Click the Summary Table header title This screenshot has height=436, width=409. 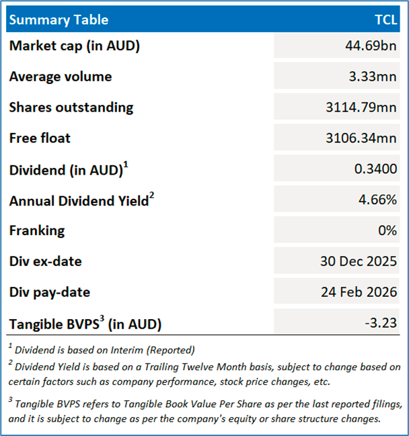(x=59, y=19)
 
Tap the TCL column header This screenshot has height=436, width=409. (x=385, y=19)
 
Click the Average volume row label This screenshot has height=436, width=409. (x=61, y=77)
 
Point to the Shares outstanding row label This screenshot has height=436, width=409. (x=71, y=107)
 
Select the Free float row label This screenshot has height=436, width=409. (x=40, y=138)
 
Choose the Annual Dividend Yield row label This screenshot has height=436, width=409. (x=78, y=200)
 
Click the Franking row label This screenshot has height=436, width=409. (x=37, y=230)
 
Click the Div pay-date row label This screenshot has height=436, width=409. (x=50, y=292)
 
